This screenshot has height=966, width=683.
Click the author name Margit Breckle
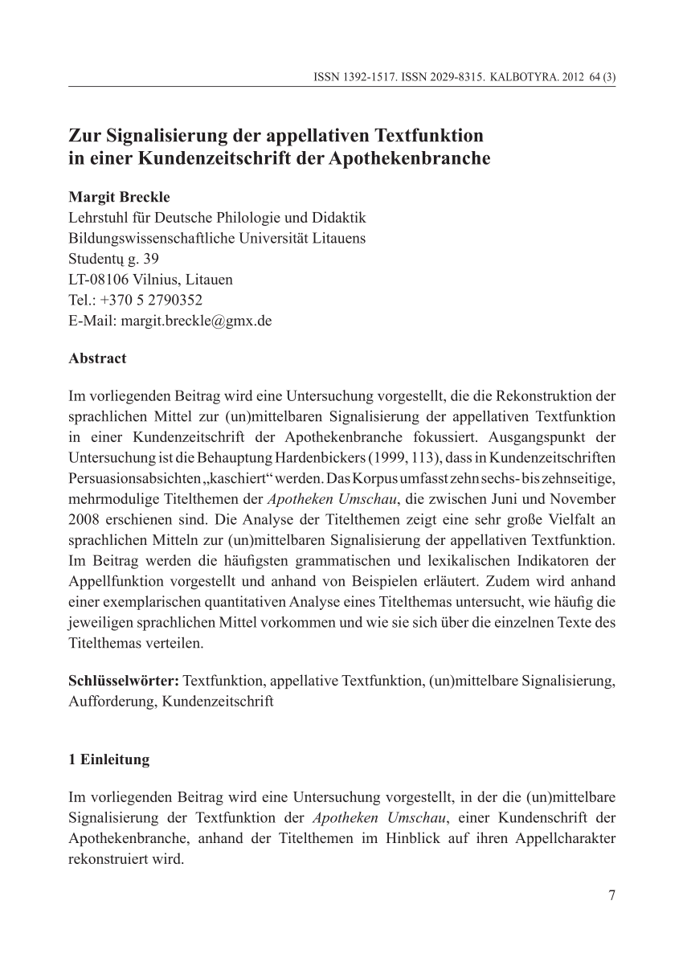(x=120, y=197)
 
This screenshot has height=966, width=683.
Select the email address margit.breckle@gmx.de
(x=195, y=321)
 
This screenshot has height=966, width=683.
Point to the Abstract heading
(x=97, y=358)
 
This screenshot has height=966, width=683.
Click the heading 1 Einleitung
(x=109, y=759)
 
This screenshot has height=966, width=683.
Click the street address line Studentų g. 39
(x=114, y=259)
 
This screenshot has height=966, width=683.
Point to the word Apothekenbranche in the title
(x=410, y=158)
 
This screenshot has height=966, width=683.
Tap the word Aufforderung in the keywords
(x=112, y=701)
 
